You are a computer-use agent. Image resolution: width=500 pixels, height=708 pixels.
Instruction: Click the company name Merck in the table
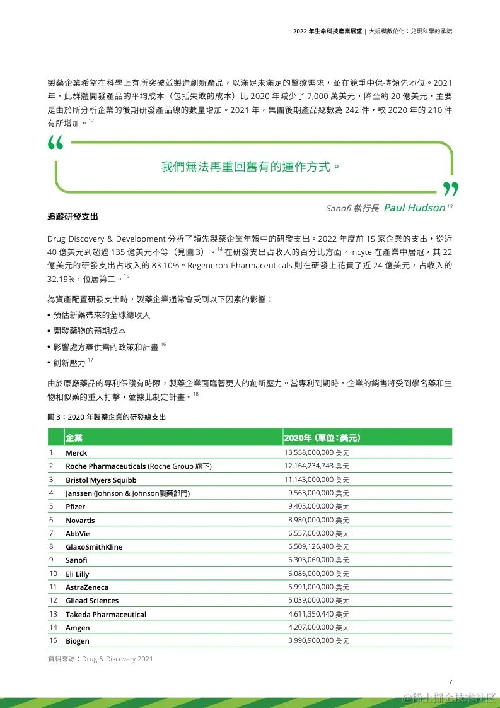tap(76, 453)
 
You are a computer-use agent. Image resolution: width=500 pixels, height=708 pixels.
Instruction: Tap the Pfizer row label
tap(76, 507)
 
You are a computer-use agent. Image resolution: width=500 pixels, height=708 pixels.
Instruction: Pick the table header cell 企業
tap(74, 438)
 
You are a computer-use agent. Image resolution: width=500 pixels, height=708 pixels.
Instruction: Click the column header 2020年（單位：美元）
tap(322, 438)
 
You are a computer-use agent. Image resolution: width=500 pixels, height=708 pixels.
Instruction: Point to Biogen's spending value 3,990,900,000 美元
tap(318, 641)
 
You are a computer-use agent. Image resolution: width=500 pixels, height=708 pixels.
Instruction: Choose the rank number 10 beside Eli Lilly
tap(53, 574)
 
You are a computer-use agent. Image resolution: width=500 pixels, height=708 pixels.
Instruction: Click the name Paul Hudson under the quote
tap(414, 208)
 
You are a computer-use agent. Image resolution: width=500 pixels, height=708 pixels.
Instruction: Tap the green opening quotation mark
tap(55, 144)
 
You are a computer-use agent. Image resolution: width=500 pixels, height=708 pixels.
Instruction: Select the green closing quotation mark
tap(450, 188)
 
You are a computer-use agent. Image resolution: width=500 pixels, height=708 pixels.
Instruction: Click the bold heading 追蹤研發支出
tap(73, 217)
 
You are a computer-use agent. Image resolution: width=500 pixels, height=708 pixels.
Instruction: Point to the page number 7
tap(450, 681)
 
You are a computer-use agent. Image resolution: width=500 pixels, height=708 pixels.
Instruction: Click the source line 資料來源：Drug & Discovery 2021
tap(100, 659)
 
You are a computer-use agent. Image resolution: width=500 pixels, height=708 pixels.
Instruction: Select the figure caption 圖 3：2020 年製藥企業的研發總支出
tap(107, 417)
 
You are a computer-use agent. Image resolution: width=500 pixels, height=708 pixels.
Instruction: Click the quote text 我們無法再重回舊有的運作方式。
tap(250, 167)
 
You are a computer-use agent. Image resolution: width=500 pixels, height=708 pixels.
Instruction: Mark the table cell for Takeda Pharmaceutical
tap(106, 615)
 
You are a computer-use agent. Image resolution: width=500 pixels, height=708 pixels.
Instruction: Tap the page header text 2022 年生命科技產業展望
tap(327, 31)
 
